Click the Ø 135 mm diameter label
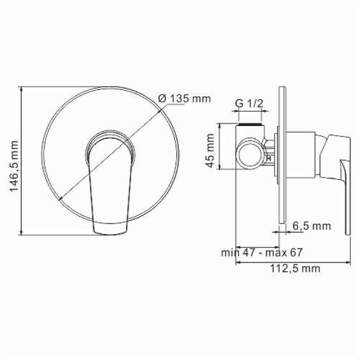tap(184, 99)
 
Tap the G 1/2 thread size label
tap(250, 104)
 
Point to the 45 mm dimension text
tap(211, 152)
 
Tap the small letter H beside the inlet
tap(269, 158)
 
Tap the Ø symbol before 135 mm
tap(161, 99)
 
